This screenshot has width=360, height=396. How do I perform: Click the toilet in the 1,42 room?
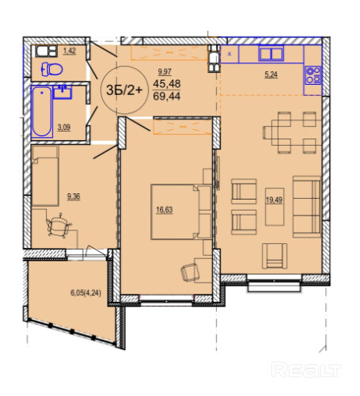tap(52, 70)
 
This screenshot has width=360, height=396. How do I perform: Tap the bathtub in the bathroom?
tap(42, 112)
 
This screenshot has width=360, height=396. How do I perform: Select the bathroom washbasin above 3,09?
tap(63, 92)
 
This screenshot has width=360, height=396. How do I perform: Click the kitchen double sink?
tap(271, 53)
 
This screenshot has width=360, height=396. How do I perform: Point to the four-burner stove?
tap(313, 75)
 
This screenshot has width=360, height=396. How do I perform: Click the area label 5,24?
tap(271, 75)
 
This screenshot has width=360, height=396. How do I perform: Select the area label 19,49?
tap(274, 200)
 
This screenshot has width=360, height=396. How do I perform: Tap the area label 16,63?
tap(165, 210)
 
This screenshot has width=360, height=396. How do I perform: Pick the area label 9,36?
tap(74, 196)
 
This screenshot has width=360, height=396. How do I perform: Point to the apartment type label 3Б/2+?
tap(124, 90)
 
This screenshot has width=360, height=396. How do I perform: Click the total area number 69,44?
tap(167, 96)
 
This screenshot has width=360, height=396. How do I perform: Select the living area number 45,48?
tap(167, 84)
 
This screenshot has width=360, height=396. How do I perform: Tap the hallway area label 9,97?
tap(165, 71)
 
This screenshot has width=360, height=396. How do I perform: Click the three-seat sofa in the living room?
tap(307, 207)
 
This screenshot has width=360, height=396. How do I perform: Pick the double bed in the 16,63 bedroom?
tap(181, 212)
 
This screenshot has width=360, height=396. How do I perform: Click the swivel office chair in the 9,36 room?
tap(59, 225)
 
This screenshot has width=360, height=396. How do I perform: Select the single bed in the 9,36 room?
tap(45, 176)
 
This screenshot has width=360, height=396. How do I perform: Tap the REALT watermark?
tap(306, 370)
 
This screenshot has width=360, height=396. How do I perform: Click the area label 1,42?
tap(70, 51)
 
